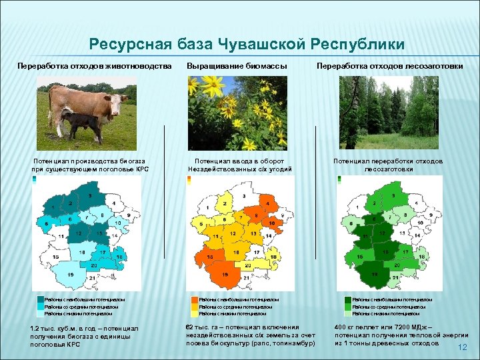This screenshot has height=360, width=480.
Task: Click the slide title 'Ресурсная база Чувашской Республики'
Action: point(247,45)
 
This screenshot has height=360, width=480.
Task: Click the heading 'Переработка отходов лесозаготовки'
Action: point(389,66)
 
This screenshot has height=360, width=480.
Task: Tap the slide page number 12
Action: point(461,347)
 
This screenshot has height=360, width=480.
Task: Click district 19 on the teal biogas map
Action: point(72,275)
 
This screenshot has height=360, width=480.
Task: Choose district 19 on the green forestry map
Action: point(375,274)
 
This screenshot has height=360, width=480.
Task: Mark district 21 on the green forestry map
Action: point(397,277)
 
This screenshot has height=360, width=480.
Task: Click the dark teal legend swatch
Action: point(41,300)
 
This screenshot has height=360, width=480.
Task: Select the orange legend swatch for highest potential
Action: point(194,300)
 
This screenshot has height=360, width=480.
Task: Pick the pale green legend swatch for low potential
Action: point(347,313)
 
